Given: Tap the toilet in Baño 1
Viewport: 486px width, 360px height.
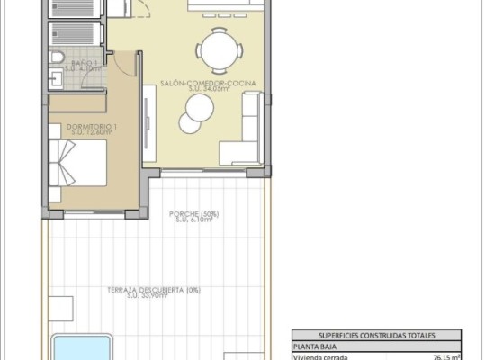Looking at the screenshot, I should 57,58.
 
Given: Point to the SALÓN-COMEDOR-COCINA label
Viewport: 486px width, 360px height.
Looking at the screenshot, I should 208,83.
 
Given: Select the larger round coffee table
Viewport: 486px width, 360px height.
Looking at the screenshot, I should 200,112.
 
